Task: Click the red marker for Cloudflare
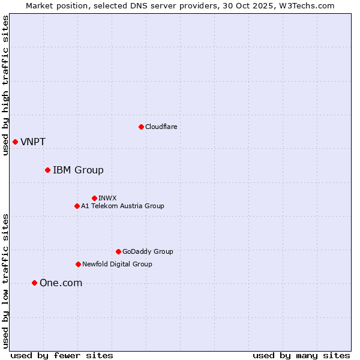141,127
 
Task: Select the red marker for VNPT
15,142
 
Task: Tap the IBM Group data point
47,170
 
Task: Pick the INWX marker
94,198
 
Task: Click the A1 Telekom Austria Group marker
77,206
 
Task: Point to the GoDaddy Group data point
118,251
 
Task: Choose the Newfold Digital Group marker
78,264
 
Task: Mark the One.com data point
34,283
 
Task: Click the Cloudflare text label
161,127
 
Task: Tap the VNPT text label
33,142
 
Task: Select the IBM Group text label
78,170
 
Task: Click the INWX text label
107,198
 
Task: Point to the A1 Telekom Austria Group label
122,206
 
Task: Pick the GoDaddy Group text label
148,251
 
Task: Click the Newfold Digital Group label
117,264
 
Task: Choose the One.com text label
61,283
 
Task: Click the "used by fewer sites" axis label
62,355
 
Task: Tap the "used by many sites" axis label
301,355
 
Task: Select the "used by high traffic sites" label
6,85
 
